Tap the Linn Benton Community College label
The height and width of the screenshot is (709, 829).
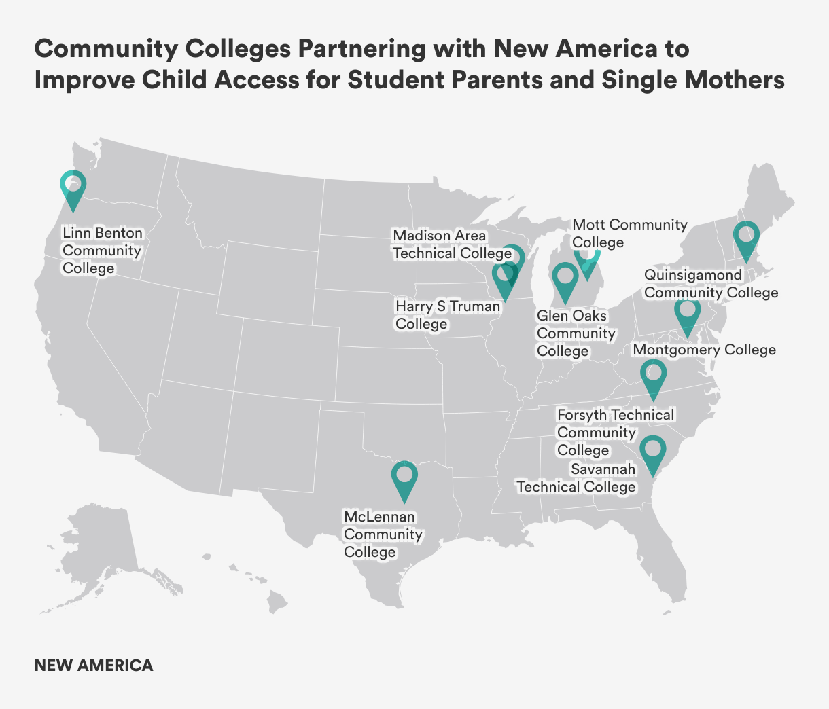pos(103,251)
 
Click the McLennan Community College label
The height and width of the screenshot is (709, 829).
pos(383,534)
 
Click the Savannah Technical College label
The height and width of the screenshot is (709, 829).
pos(576,478)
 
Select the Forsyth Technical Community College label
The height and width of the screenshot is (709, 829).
pos(615,432)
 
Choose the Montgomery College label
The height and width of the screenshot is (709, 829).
pos(703,350)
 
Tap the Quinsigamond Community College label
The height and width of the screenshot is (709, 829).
pos(711,284)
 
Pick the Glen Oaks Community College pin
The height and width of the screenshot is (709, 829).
pos(563,281)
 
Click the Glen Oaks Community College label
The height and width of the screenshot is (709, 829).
pos(575,333)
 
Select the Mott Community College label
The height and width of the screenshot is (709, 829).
pos(629,233)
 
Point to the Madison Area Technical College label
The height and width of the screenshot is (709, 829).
pos(451,244)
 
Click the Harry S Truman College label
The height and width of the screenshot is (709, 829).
pos(447,315)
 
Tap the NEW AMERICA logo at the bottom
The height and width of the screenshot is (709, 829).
pos(94,666)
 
